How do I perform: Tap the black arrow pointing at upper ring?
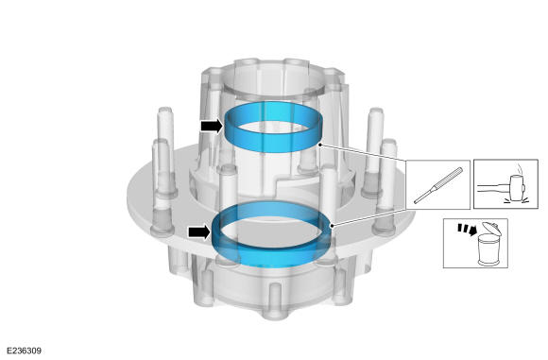click(x=212, y=126)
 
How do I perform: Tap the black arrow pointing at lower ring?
click(x=199, y=232)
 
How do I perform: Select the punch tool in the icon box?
click(x=438, y=185)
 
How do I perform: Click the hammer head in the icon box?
click(x=516, y=187)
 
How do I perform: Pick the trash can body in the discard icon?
click(x=488, y=249)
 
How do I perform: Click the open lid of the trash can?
click(x=491, y=229)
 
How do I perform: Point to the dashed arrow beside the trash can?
click(x=468, y=230)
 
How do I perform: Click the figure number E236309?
click(x=24, y=351)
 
